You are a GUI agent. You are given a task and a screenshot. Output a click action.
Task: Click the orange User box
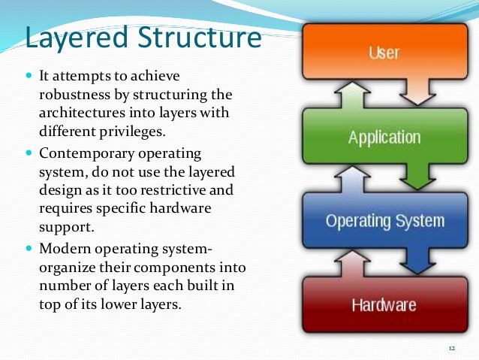384,52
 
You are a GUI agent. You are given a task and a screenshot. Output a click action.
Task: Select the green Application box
384,138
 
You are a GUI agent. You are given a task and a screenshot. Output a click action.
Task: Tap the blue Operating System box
384,221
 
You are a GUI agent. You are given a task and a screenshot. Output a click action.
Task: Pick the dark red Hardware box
384,304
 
